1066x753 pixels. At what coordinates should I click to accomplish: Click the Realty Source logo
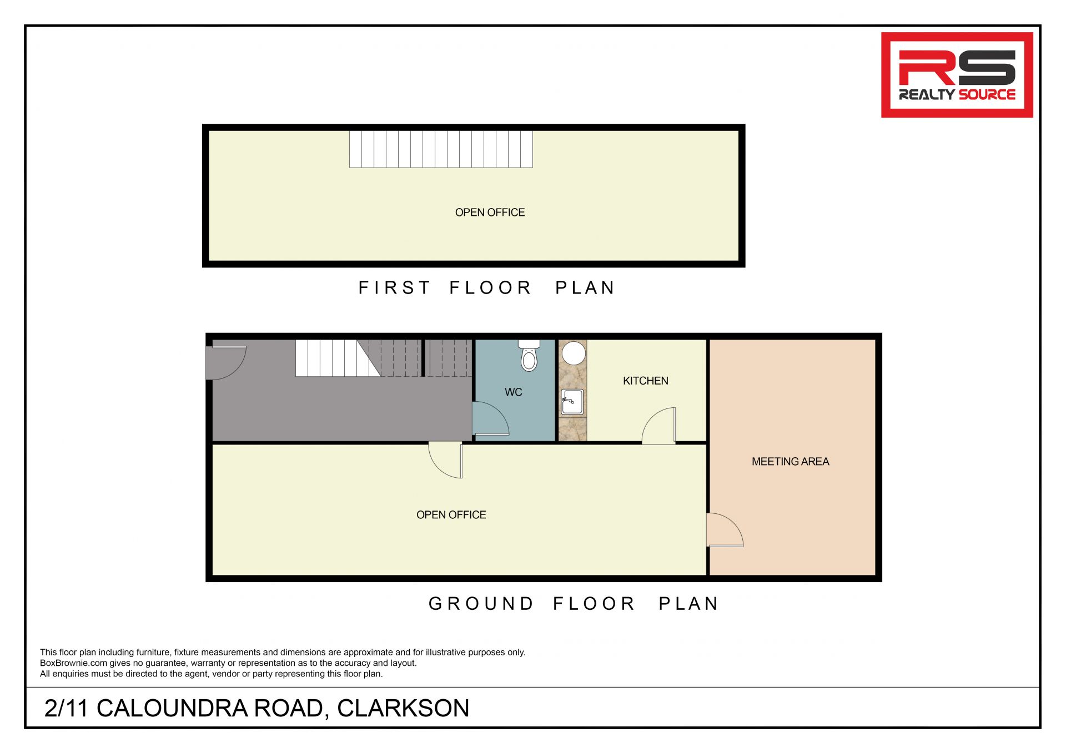(957, 75)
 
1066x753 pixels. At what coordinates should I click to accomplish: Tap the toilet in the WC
(529, 355)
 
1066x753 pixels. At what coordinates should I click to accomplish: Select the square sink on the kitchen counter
(572, 402)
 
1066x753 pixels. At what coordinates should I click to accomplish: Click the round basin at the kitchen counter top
(574, 353)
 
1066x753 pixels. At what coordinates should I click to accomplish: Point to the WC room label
(514, 392)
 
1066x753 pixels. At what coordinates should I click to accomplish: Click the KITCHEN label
(645, 381)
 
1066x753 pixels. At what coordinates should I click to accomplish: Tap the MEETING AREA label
(790, 462)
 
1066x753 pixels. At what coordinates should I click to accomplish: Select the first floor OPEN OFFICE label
(490, 213)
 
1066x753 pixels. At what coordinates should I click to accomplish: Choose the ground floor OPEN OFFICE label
(451, 515)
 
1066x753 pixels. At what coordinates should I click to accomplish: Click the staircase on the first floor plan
(441, 149)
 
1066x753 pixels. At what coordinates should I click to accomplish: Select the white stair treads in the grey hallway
(338, 358)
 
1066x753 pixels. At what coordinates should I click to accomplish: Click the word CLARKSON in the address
(403, 708)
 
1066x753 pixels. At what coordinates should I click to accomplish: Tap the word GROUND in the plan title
(481, 604)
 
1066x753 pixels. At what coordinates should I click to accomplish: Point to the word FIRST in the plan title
(394, 288)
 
